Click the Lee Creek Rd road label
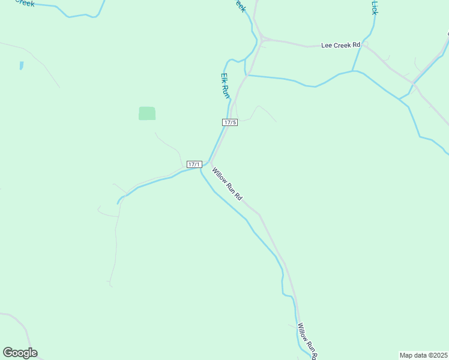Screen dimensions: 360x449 point(340,45)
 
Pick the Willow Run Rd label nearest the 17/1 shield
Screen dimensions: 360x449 point(227,184)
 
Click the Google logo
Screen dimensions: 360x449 point(20,353)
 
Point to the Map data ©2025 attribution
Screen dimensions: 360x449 point(424,355)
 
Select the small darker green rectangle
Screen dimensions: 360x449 point(147,113)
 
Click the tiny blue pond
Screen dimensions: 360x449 point(21,65)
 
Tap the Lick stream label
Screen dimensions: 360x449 point(375,8)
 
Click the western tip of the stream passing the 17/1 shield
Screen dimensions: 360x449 point(118,203)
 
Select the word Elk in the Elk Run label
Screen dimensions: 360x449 point(223,79)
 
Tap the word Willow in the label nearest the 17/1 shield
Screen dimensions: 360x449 point(219,176)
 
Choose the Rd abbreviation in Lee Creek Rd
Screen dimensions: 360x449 point(356,45)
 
